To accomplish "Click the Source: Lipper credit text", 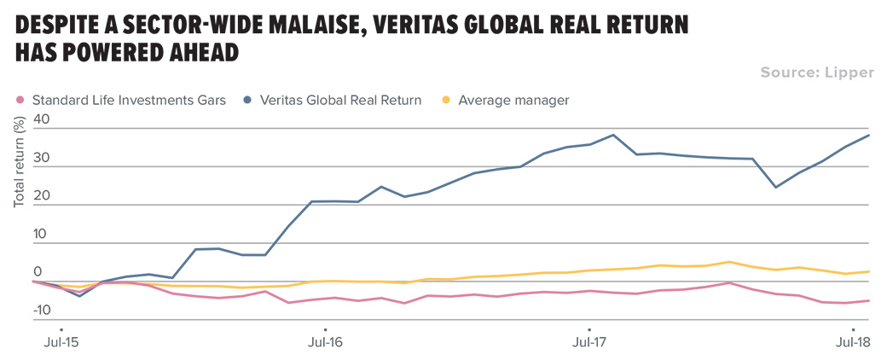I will coord(817,73).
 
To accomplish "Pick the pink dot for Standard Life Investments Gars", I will coord(20,101).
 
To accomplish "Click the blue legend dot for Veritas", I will coord(246,101).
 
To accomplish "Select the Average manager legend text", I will coord(513,101).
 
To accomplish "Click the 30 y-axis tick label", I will coord(42,160).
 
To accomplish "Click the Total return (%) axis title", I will coord(19,162).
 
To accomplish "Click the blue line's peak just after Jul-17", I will coord(613,135).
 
